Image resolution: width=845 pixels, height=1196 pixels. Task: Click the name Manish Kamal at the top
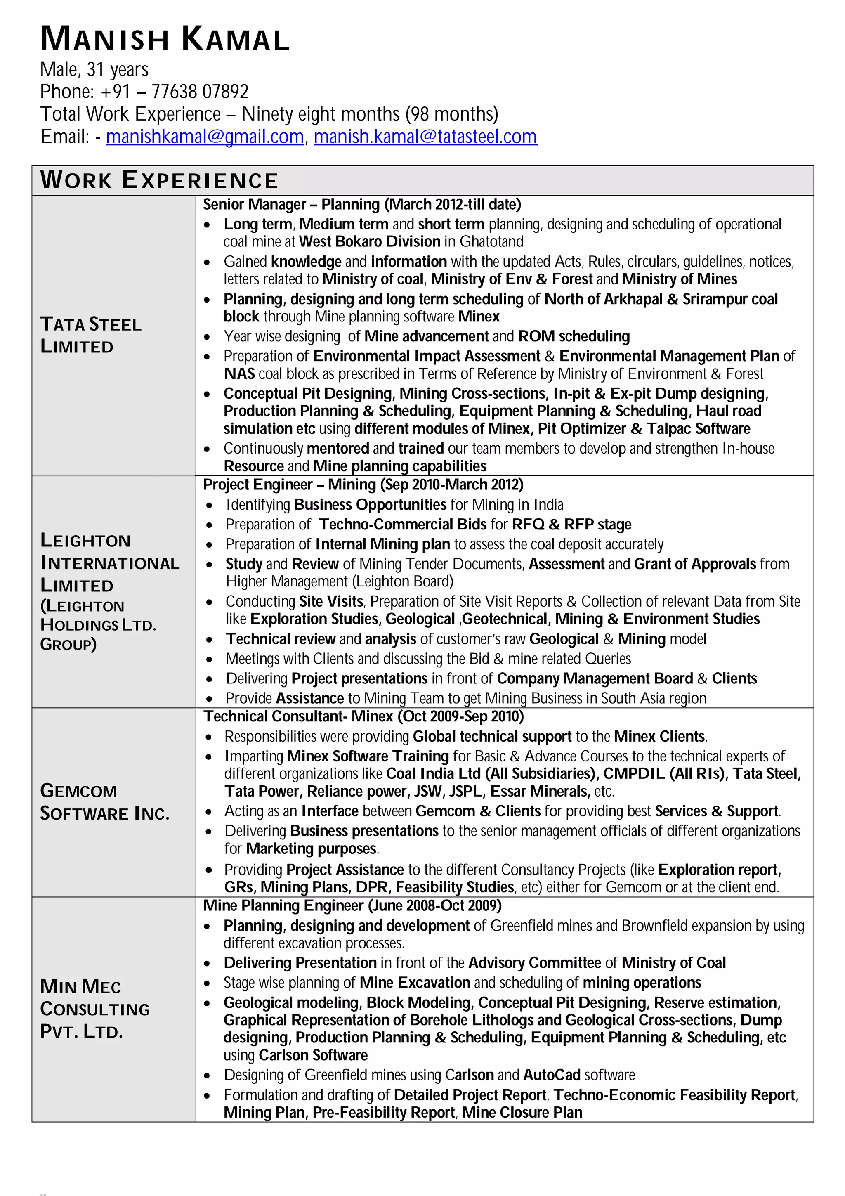(x=165, y=40)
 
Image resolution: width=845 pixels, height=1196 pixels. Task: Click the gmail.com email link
(x=205, y=137)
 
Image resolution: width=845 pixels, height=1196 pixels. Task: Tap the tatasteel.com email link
(x=425, y=137)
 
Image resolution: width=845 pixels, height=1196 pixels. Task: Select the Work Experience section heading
(x=159, y=180)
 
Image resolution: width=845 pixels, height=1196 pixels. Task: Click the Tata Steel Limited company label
(x=91, y=335)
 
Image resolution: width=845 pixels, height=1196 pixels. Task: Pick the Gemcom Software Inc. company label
(x=105, y=802)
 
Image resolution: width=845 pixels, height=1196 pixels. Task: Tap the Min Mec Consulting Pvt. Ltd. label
(x=95, y=1009)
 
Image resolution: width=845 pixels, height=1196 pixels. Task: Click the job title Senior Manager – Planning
(x=292, y=204)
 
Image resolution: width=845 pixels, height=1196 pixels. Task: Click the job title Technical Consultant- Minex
(x=298, y=716)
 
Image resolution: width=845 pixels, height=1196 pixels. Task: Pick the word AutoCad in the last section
(x=551, y=1075)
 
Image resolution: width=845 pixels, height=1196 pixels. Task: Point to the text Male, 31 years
(x=94, y=69)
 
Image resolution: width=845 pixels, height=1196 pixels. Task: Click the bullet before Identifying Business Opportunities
(x=209, y=505)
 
